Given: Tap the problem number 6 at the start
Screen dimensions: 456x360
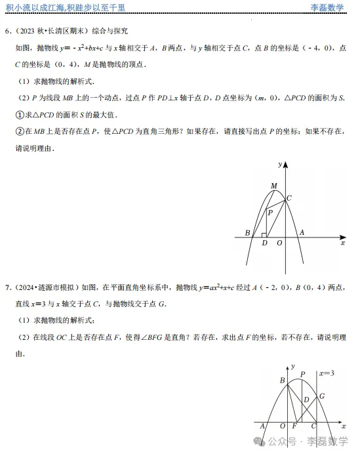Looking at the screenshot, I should coord(7,31).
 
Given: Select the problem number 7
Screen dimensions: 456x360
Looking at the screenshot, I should coord(7,287).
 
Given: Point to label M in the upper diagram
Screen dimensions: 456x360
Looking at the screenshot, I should coord(274,186).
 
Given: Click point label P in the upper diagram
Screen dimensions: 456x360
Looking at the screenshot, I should coord(269,212).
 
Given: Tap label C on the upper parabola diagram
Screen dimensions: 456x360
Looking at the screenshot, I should coord(289,197).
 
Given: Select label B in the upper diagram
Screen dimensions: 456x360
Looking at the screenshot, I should coord(247,233).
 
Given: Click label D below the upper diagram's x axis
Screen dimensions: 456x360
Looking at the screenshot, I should coord(264,243).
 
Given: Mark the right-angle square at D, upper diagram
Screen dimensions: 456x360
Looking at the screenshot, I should coord(264,234).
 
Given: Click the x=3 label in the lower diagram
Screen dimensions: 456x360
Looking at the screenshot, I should coord(326,373).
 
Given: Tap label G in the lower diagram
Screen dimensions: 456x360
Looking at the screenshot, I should coord(322,397).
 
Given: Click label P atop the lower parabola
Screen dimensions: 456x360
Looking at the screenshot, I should coord(302,375).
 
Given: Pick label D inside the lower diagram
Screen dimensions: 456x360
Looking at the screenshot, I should coord(306,400).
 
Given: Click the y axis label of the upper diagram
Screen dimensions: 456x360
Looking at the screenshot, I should coord(280,163).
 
